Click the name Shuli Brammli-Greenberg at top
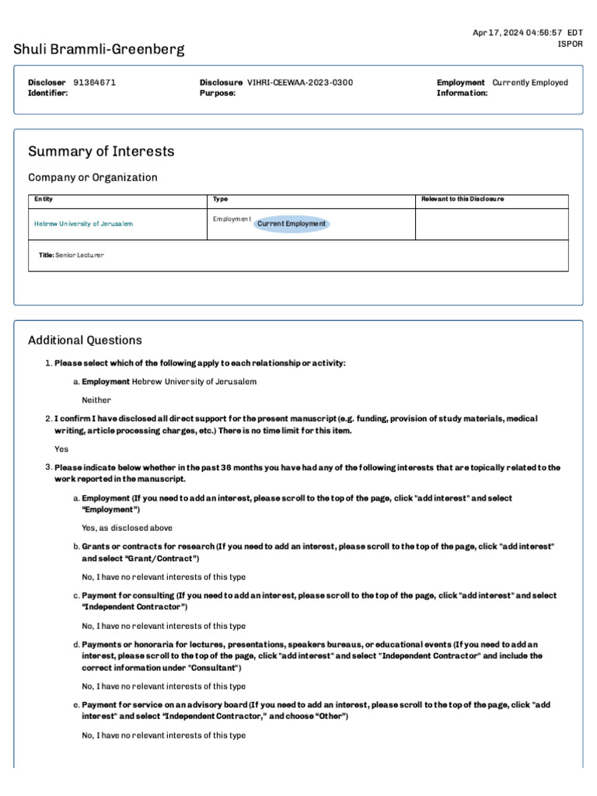pos(99,50)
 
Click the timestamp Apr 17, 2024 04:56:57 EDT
pos(528,32)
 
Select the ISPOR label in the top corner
pos(571,44)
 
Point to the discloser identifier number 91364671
pos(95,82)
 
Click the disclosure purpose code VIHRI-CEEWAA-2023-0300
pos(299,82)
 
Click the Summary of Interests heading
pos(101,152)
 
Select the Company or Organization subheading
pos(93,177)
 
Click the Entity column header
pos(44,199)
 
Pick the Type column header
pos(221,199)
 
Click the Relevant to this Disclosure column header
pos(462,199)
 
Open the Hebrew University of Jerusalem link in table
pos(83,224)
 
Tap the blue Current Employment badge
pos(292,224)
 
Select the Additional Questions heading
pos(85,340)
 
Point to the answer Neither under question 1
pos(96,400)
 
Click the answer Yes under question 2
pos(61,449)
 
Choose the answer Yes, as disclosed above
pos(127,528)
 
